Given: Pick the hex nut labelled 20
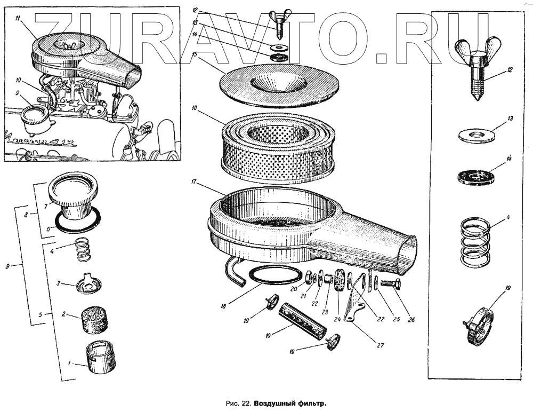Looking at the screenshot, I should tap(309, 277).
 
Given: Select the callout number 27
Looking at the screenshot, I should tap(381, 345).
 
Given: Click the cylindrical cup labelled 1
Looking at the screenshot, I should tap(101, 357).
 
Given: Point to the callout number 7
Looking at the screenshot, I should tap(46, 204).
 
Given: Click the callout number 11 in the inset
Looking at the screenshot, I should tap(18, 19).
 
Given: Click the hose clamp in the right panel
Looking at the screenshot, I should tap(478, 326).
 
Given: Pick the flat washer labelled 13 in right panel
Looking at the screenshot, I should tap(477, 135).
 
